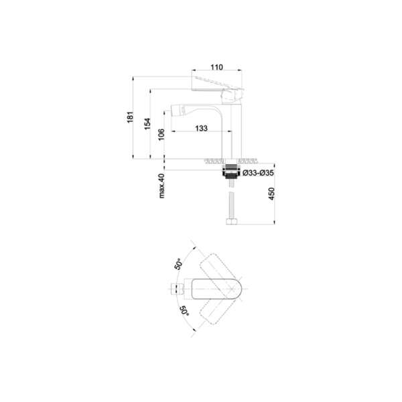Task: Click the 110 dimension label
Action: pyautogui.click(x=216, y=67)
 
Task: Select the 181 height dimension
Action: pyautogui.click(x=131, y=117)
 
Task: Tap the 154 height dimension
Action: pyautogui.click(x=147, y=123)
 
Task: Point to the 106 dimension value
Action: pyautogui.click(x=161, y=135)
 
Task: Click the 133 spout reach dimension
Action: pyautogui.click(x=201, y=128)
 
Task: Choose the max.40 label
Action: pyautogui.click(x=161, y=186)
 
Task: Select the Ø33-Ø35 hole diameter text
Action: pyautogui.click(x=258, y=173)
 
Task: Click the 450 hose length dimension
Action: pyautogui.click(x=271, y=194)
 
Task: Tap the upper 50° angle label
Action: pyautogui.click(x=179, y=264)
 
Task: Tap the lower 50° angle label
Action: pyautogui.click(x=185, y=310)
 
